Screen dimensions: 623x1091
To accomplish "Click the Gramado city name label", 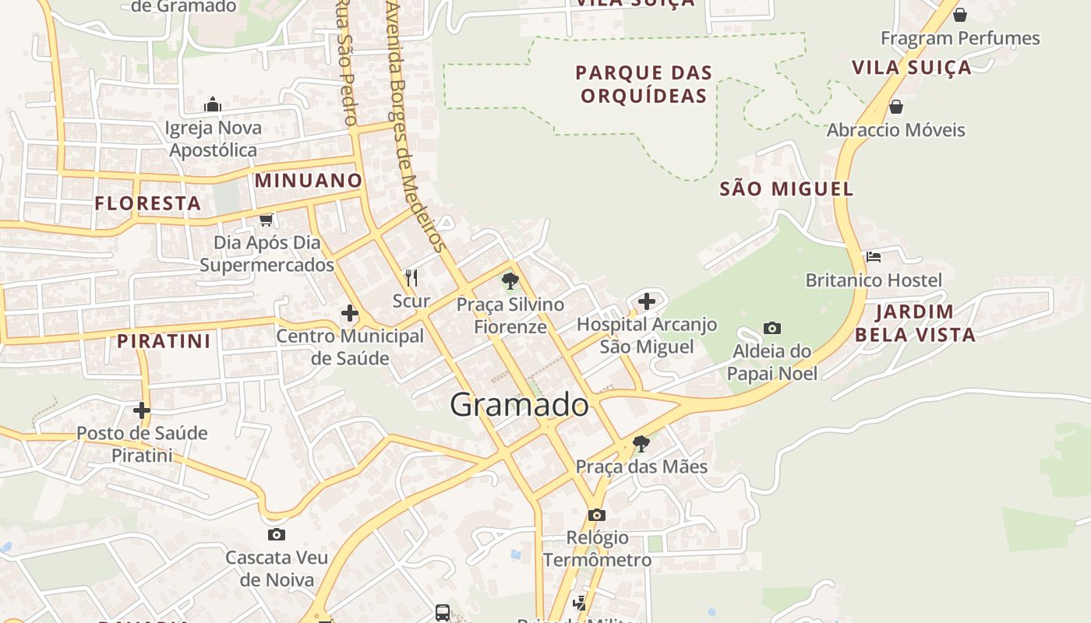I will [x=519, y=405].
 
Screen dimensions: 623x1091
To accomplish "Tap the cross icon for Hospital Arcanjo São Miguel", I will [x=646, y=301].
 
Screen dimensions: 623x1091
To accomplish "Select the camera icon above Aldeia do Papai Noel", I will [x=772, y=328].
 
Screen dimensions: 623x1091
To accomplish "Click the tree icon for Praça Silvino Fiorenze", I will [x=510, y=281].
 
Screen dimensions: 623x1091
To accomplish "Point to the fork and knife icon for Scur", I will [x=411, y=277].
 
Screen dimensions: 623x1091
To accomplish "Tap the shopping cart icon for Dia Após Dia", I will [x=267, y=220].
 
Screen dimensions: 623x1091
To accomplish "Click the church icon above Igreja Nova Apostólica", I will [x=213, y=104].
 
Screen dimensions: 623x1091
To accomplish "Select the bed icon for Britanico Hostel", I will [x=873, y=256].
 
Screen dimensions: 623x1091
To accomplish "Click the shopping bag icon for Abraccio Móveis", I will [x=896, y=106].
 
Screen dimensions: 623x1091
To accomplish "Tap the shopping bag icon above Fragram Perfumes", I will [x=960, y=15].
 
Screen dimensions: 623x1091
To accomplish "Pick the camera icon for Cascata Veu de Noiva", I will [x=276, y=534].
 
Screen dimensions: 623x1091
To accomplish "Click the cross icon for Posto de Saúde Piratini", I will [x=142, y=410].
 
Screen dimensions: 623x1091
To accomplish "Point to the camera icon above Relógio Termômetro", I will [x=597, y=515].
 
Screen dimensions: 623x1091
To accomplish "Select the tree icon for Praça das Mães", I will [x=641, y=444].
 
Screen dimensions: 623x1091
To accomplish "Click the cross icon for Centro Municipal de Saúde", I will [x=350, y=313].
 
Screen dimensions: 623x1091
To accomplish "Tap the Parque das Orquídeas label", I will [x=644, y=84].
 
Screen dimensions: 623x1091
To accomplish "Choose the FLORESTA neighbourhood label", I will [x=148, y=204].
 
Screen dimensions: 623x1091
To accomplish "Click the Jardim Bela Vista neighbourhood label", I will [x=914, y=323].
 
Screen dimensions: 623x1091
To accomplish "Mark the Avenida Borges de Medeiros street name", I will [x=415, y=125].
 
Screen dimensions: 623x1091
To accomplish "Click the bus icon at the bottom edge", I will [x=443, y=613].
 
